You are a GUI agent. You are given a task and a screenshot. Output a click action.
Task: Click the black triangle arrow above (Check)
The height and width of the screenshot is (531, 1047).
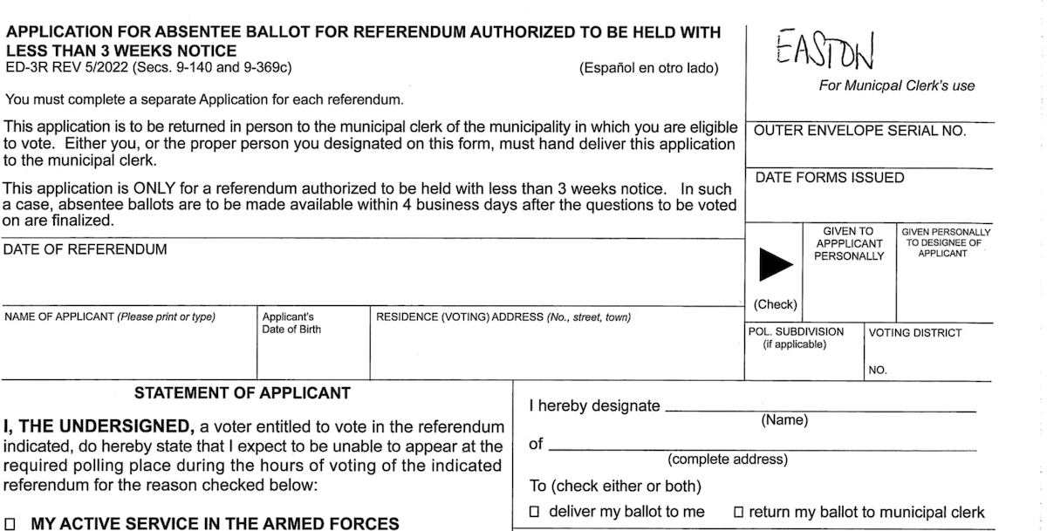[775, 264]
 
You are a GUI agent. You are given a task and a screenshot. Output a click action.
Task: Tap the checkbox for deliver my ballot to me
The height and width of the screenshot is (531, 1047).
[535, 512]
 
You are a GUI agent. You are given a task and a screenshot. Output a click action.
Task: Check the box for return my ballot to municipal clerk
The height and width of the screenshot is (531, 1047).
[738, 512]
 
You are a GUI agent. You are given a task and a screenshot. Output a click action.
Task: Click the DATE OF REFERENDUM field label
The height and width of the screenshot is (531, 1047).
[85, 249]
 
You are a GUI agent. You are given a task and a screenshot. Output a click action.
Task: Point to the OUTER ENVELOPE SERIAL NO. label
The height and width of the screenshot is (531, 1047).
[859, 131]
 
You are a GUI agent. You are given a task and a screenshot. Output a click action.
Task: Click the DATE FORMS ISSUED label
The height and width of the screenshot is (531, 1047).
[829, 178]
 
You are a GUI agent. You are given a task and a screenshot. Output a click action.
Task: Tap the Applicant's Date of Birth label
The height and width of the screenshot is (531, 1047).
[291, 323]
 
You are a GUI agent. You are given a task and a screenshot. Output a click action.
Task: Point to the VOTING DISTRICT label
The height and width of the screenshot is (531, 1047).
[915, 332]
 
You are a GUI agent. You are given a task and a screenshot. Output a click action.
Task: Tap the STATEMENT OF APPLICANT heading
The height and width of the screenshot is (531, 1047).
[242, 393]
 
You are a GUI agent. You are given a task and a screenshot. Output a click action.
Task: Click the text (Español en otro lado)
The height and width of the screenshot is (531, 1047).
[648, 68]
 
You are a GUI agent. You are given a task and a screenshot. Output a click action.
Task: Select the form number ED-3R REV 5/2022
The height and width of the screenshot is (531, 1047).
[79, 65]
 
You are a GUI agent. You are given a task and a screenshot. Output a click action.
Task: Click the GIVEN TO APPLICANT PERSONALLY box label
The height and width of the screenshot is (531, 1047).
[849, 244]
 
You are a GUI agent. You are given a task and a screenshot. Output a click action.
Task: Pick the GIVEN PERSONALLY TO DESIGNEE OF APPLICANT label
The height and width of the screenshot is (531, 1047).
[946, 242]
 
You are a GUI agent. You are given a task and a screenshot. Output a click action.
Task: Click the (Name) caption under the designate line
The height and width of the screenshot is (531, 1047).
[784, 420]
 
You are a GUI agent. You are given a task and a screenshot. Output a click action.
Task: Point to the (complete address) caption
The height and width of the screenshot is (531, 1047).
[728, 460]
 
